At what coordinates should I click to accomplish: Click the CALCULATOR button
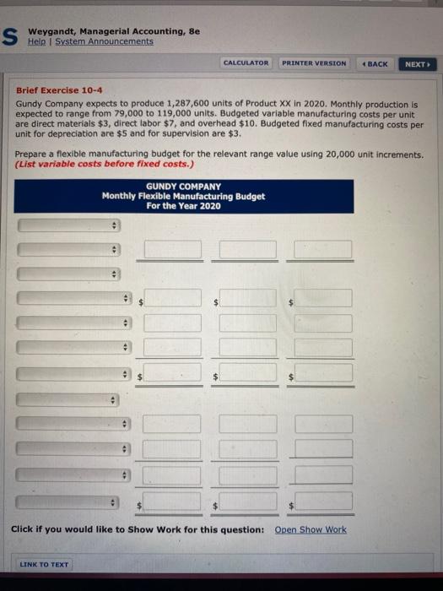tap(246, 63)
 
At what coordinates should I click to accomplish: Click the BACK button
tap(374, 63)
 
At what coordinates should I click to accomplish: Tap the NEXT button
tap(417, 63)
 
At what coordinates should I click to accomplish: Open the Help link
tap(37, 41)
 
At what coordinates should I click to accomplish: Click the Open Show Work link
tap(311, 529)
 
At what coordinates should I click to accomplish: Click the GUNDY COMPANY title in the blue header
tap(183, 187)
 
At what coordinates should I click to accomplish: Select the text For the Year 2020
tap(183, 205)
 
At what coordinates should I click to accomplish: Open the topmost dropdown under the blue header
tap(70, 225)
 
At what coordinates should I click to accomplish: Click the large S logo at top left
tap(10, 36)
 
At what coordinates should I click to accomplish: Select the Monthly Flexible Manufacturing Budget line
tap(183, 196)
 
